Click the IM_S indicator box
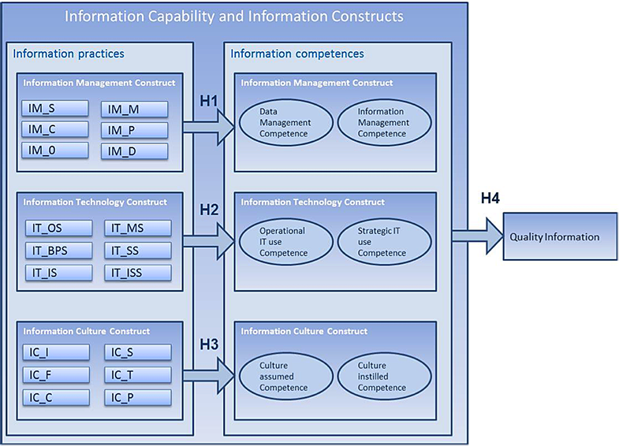tap(54, 109)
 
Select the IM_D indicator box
tap(135, 151)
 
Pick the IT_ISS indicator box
tap(138, 273)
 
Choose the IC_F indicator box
tap(56, 374)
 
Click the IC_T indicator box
tap(138, 374)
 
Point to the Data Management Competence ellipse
tap(285, 123)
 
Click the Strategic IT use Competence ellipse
tap(384, 243)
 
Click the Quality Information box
tap(554, 236)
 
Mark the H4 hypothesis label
tap(492, 198)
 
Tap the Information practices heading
tap(69, 54)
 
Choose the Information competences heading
tap(296, 54)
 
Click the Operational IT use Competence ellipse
tap(285, 243)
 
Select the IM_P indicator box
tap(135, 129)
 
